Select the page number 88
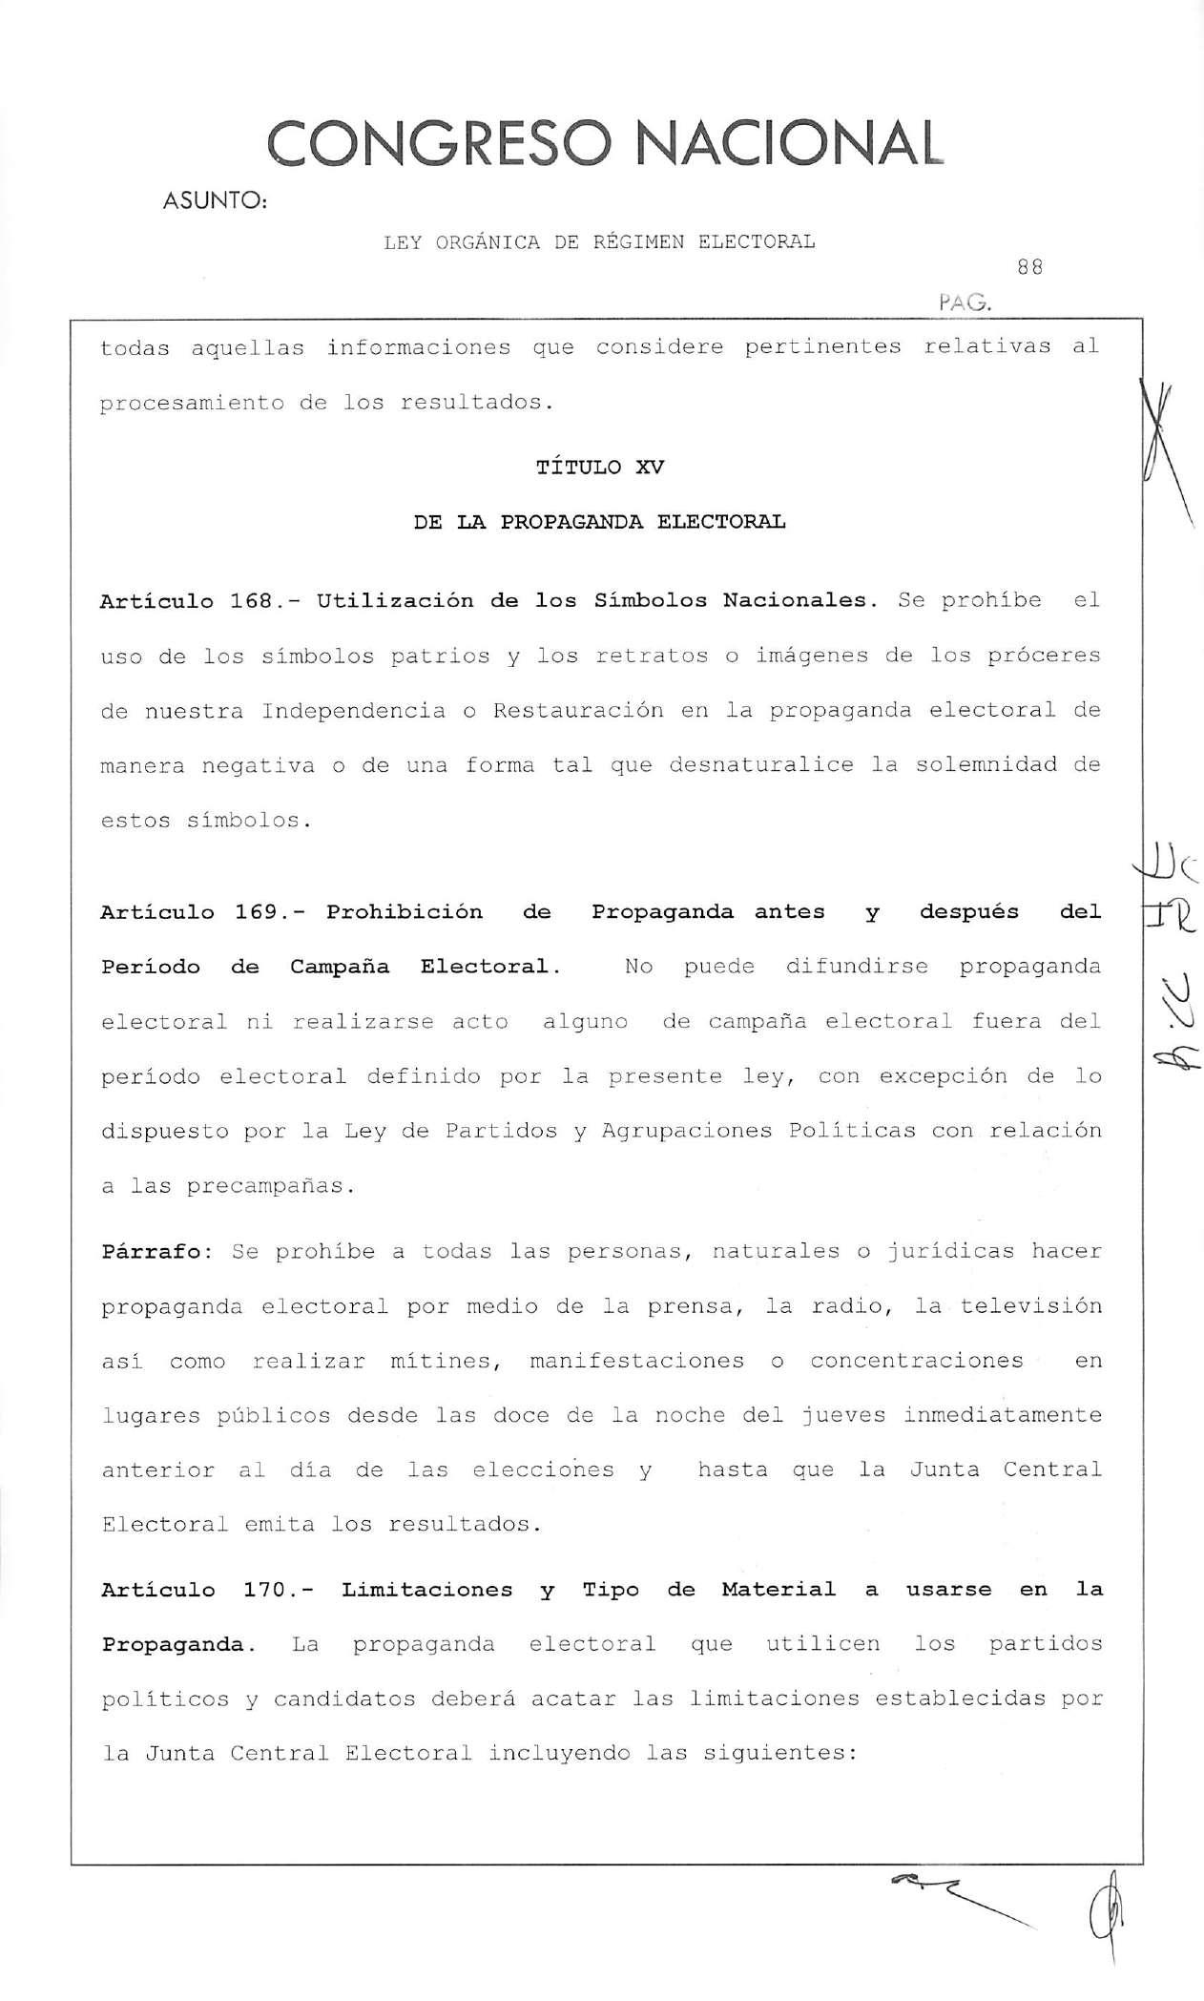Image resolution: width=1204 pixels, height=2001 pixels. coord(1029,268)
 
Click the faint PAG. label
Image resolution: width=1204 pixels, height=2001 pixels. coord(965,304)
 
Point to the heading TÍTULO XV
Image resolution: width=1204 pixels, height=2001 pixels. coord(600,467)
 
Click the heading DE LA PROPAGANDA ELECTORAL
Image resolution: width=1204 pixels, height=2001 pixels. coord(600,522)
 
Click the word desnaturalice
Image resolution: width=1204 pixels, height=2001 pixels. coord(760,765)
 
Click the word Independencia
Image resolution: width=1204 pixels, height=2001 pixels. coord(354,711)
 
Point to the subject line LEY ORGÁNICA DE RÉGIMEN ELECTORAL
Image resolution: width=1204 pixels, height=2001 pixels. coord(599,241)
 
